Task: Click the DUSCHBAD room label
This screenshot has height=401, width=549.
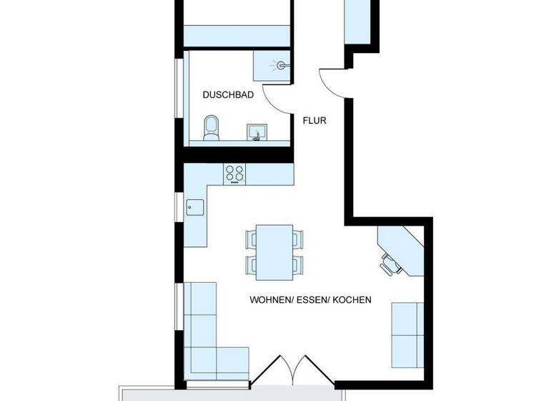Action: point(228,95)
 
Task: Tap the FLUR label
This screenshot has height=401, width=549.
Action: point(315,120)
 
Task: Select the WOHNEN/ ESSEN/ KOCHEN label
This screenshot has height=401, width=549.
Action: point(310,300)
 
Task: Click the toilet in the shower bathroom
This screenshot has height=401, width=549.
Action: point(212,128)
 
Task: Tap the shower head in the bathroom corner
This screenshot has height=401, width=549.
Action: point(282,65)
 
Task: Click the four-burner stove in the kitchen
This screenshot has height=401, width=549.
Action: point(234,173)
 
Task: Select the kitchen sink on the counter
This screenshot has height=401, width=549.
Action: point(195,207)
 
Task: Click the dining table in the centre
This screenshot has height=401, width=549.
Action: point(274,251)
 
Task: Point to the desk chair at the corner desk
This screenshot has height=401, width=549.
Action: point(390,263)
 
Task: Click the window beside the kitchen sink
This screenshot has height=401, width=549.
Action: point(179,207)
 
